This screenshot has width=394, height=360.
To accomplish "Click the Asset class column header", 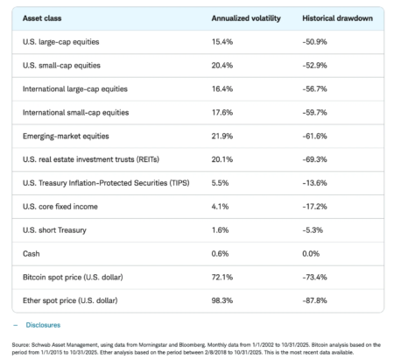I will pos(39,18).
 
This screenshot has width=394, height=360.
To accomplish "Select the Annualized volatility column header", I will pos(245,18).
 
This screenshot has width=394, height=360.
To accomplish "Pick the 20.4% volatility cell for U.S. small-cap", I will pos(223,65).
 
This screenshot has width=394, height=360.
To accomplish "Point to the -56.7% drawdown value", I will pos(317,88).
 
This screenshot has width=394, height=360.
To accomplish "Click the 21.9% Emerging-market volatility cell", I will pos(222,136).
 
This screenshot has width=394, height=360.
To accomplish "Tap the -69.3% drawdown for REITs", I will pos(317,159).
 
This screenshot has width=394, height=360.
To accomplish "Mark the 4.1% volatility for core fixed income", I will pos(220,206).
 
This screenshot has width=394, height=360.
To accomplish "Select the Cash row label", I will pos(30,253).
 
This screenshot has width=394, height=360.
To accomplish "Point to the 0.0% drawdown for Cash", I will pos(313,253).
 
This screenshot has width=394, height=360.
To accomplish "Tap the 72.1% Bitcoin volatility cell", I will pos(222,277).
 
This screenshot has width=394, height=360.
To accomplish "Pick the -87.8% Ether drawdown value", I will pos(317,300).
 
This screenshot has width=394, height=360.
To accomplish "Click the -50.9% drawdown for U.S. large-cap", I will pos(317,41).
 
